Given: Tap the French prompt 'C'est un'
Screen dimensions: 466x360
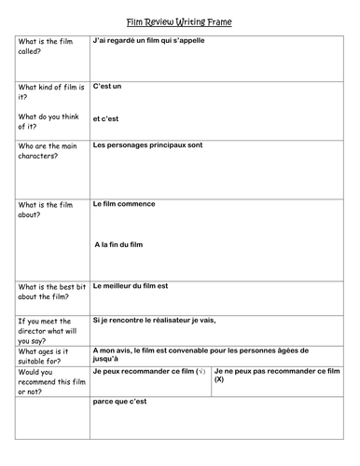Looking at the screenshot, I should [x=108, y=86].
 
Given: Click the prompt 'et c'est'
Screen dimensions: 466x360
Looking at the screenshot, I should [x=107, y=118].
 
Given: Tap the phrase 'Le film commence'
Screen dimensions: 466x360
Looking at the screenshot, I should [x=124, y=203].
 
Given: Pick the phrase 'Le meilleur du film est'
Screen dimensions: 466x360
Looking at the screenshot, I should [x=135, y=286].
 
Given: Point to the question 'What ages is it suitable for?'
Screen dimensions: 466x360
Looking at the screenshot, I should [x=45, y=357].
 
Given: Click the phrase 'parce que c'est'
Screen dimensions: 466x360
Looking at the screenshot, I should [x=121, y=401].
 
